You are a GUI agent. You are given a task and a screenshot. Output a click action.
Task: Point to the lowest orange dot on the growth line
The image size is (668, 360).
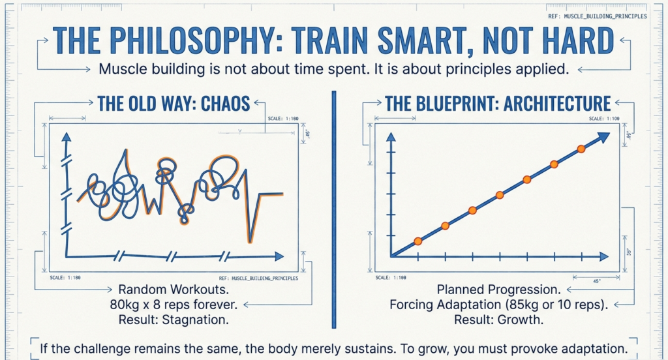[x=418, y=241]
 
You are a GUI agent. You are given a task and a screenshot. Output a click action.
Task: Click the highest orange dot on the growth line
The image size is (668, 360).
[x=581, y=149]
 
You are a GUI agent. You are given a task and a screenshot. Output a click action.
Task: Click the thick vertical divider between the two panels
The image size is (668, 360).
[x=333, y=209]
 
